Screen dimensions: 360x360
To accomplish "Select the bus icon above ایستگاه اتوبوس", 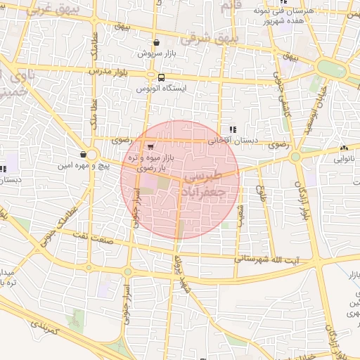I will coord(161,78).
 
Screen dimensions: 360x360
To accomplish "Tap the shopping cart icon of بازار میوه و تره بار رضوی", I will coord(150,145).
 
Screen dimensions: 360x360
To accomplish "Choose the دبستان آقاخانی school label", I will coord(233,141).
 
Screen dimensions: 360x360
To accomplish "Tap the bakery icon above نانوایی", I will coord(344,148).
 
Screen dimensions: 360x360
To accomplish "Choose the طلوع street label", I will coord(261,192).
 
